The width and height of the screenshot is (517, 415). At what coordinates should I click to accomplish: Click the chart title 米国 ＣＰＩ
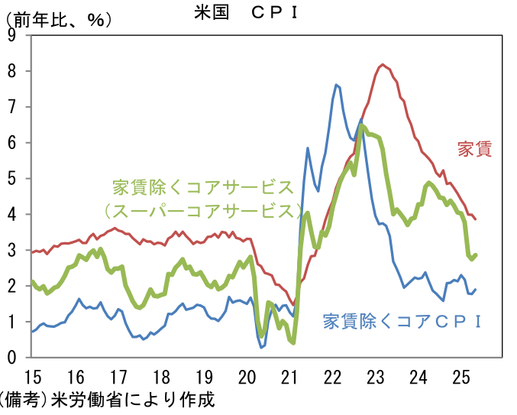tap(247, 13)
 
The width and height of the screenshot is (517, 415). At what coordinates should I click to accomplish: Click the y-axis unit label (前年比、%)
tap(58, 21)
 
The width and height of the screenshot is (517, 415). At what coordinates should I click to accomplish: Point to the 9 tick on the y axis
tap(12, 35)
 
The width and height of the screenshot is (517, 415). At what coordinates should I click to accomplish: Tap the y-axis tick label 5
tap(12, 179)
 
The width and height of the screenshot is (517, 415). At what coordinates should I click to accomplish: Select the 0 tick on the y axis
tap(12, 357)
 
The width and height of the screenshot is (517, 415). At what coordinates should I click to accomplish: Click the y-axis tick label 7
tap(12, 107)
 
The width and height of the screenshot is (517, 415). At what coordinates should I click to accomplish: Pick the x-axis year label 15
tap(33, 378)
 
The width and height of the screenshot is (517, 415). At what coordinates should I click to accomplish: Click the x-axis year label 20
tap(247, 378)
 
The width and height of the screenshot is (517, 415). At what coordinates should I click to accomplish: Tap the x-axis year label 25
tap(461, 378)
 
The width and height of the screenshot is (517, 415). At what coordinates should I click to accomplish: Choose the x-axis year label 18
tap(161, 378)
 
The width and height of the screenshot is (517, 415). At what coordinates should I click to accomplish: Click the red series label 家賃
tap(474, 149)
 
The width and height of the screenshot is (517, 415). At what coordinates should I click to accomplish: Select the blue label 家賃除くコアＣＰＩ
tap(402, 321)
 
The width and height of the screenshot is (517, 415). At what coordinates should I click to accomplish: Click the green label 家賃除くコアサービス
tap(203, 188)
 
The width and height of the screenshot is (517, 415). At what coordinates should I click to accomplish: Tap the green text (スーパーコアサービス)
tap(203, 211)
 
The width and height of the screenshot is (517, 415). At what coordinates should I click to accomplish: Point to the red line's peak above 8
tap(383, 65)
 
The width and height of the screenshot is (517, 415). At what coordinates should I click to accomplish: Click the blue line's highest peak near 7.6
tap(336, 85)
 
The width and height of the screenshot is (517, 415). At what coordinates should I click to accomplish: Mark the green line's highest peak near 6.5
tap(361, 125)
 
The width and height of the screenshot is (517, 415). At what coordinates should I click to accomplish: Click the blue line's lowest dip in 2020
tap(261, 348)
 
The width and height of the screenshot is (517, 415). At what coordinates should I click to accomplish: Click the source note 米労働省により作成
tap(133, 400)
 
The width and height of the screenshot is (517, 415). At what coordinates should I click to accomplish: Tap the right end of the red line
tap(476, 219)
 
